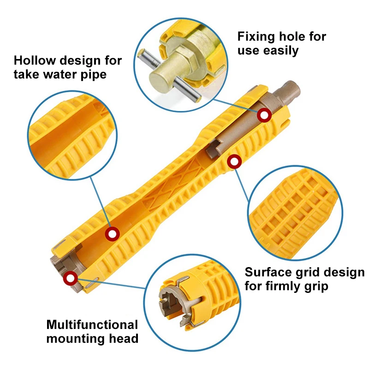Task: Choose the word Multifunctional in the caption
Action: [x=92, y=324]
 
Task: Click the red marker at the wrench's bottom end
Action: [x=70, y=278]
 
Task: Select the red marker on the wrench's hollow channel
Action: [x=111, y=234]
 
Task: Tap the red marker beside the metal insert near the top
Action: [x=264, y=115]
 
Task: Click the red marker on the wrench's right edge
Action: [x=234, y=162]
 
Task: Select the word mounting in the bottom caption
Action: [x=77, y=339]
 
